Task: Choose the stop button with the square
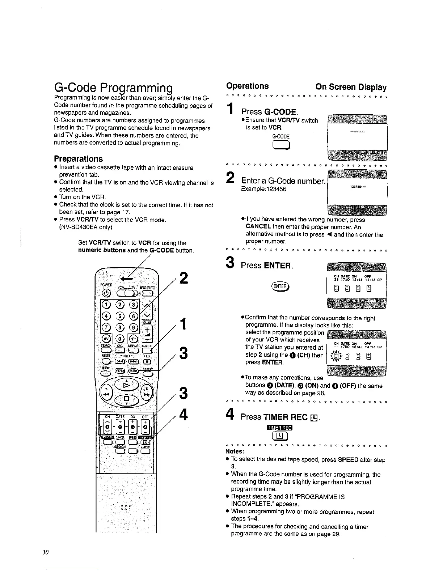(x=126, y=399)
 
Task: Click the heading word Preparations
(x=78, y=159)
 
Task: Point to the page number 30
(x=45, y=552)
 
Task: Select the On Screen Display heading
(x=351, y=87)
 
